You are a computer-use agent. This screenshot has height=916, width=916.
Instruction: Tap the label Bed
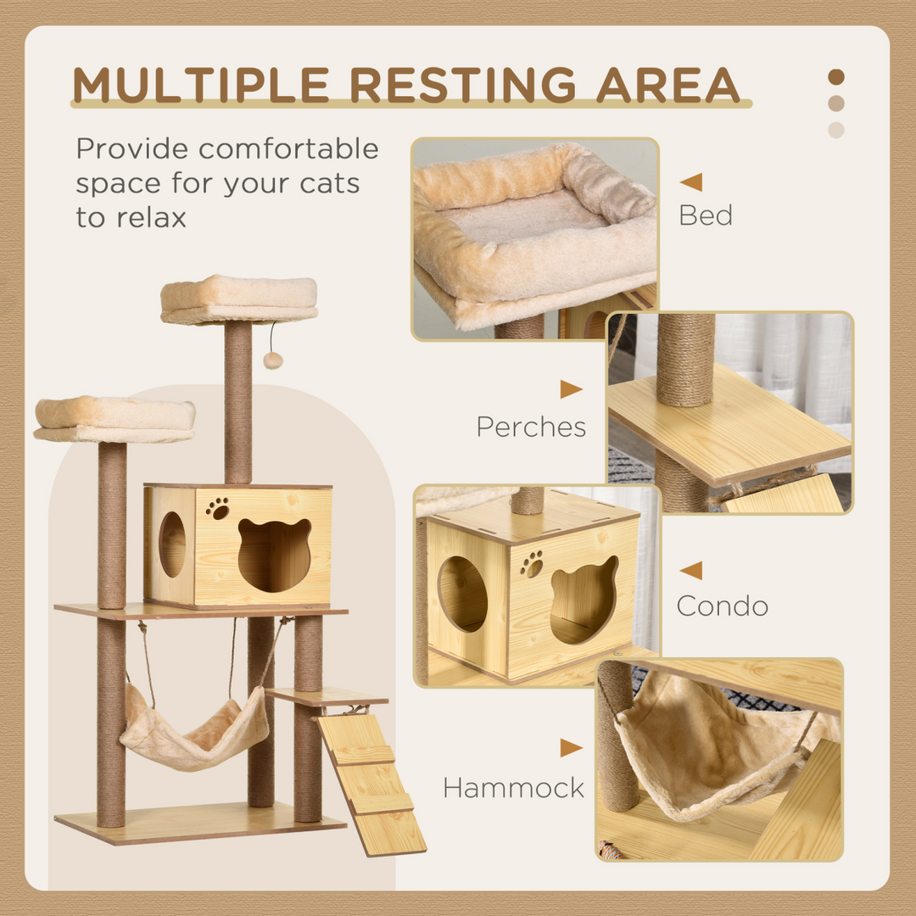[x=705, y=215]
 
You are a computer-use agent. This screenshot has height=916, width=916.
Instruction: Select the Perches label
[x=531, y=427]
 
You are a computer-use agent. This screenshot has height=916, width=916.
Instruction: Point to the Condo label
[x=722, y=606]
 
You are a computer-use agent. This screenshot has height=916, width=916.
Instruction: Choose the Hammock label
[x=513, y=788]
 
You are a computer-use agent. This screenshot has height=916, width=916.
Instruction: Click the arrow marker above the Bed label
[x=691, y=182]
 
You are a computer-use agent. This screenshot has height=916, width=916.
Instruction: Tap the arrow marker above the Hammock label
[x=571, y=748]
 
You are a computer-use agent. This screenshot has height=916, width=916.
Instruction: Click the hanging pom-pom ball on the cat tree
[x=273, y=360]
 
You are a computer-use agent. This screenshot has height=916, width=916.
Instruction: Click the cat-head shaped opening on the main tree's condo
[x=274, y=555]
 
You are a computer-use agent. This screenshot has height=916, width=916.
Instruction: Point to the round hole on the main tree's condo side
[x=172, y=544]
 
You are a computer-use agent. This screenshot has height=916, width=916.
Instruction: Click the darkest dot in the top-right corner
[x=836, y=77]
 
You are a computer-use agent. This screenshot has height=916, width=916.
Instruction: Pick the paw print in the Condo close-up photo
[x=532, y=563]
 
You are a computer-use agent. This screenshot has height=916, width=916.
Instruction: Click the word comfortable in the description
[x=288, y=149]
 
